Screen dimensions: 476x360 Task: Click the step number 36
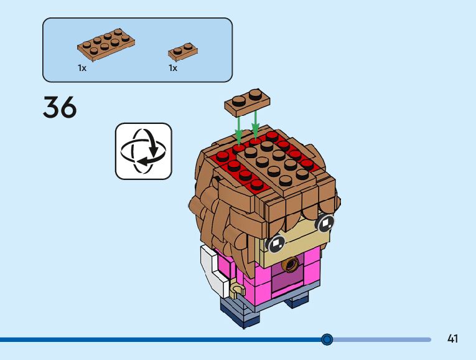tap(60, 107)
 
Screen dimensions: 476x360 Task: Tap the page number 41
tap(452, 339)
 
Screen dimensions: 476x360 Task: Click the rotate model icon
tap(143, 151)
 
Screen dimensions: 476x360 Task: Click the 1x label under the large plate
tap(82, 68)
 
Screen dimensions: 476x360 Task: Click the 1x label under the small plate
tap(173, 68)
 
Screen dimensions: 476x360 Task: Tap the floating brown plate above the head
tap(246, 101)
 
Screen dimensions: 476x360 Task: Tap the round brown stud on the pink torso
tap(290, 267)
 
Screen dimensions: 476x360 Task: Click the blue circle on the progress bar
tap(327, 339)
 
